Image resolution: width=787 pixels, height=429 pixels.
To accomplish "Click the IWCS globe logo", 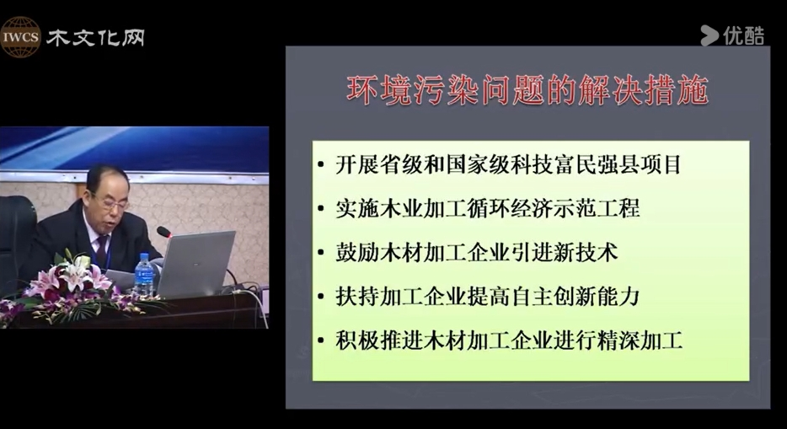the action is tap(20, 36).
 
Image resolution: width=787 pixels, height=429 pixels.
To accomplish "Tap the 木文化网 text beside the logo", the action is tap(95, 38).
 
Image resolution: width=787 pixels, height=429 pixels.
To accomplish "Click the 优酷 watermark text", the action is tap(744, 35).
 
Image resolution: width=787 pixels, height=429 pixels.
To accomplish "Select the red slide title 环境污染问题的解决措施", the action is tap(527, 90).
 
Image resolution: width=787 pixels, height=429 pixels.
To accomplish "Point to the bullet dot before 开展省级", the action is tap(321, 165).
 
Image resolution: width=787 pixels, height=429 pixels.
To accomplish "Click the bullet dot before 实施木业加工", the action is tap(321, 209).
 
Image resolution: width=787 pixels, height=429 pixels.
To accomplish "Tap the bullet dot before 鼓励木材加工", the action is tap(321, 253).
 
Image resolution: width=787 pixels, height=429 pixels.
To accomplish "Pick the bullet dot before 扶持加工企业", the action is tap(321, 297).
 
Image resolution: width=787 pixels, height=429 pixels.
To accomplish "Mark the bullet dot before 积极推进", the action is tap(321, 341).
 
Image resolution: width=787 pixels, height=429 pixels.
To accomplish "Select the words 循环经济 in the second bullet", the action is tap(510, 208).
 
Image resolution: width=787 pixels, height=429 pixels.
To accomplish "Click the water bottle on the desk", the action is tap(143, 275).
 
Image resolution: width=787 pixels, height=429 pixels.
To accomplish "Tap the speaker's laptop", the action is tap(195, 264).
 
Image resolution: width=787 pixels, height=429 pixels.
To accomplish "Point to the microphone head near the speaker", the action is tap(163, 233).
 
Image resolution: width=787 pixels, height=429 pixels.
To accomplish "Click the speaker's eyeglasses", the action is tap(113, 201).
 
